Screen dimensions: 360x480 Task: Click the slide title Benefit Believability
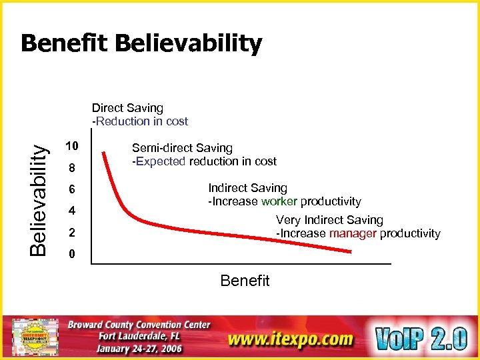click(x=141, y=44)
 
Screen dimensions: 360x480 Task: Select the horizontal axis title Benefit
click(x=245, y=281)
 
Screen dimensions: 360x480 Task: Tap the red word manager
click(x=353, y=233)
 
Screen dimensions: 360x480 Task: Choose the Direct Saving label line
click(x=127, y=108)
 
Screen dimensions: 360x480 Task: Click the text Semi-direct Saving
click(x=182, y=148)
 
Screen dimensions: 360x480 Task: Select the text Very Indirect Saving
click(x=329, y=220)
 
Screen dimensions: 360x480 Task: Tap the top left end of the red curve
click(x=104, y=154)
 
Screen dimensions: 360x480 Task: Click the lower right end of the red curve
click(x=351, y=251)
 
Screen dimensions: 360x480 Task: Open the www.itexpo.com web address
click(x=290, y=339)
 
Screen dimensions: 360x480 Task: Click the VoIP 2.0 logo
click(x=421, y=339)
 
